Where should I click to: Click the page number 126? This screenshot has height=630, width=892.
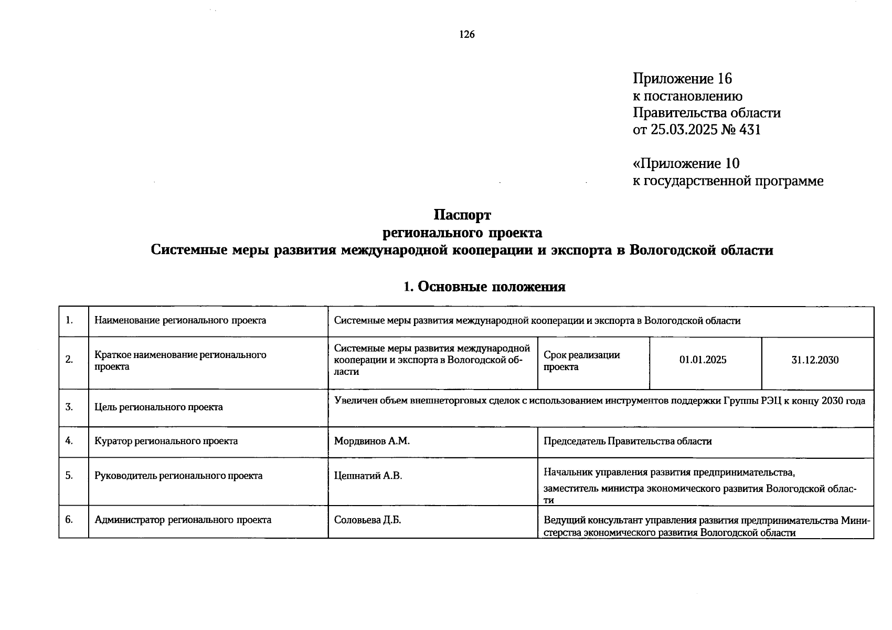click(x=466, y=35)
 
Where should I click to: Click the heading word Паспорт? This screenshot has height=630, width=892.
click(x=462, y=215)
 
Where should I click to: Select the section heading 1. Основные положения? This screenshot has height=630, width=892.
click(x=484, y=287)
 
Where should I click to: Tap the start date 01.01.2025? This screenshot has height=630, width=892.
click(x=703, y=360)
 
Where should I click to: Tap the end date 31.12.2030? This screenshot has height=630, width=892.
click(x=815, y=360)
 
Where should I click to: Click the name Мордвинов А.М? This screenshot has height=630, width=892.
click(x=371, y=441)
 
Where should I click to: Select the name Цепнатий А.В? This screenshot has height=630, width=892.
click(x=368, y=476)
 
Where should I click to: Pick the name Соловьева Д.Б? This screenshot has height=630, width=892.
click(x=367, y=520)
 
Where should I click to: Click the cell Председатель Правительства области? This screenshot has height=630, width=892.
click(x=628, y=441)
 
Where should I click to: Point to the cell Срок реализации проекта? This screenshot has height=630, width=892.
click(x=581, y=361)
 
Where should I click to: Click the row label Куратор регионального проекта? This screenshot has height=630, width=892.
click(x=166, y=441)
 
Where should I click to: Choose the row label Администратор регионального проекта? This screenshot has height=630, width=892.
click(x=183, y=520)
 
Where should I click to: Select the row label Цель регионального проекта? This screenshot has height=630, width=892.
click(x=158, y=407)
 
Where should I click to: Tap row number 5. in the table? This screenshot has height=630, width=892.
click(x=69, y=476)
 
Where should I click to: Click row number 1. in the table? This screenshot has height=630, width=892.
click(x=69, y=320)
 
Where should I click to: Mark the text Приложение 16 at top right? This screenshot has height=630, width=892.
click(x=682, y=79)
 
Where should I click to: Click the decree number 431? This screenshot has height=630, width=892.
click(x=750, y=130)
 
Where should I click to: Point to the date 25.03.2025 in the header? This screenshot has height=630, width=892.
click(x=684, y=130)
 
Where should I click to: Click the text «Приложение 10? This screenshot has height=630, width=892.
click(x=686, y=164)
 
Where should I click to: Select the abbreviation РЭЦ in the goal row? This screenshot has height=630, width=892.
click(x=771, y=401)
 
